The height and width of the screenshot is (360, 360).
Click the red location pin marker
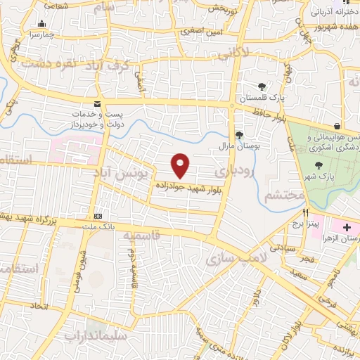181,165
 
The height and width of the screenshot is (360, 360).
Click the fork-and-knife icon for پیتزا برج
305,212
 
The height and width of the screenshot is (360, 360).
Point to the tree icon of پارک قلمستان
262,86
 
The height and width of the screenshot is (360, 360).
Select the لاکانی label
231,52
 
